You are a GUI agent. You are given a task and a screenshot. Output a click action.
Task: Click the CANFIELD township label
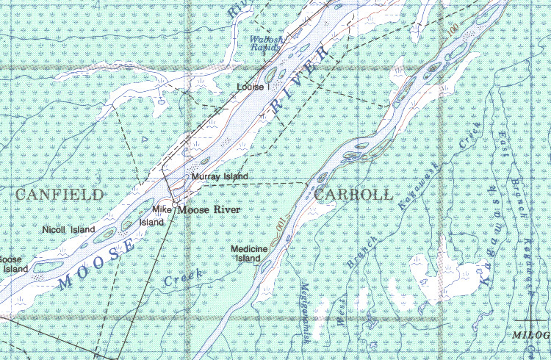[x=59, y=195]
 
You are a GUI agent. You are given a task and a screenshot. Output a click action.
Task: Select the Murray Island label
[x=220, y=177]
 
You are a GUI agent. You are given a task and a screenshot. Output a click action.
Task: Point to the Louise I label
[x=254, y=87]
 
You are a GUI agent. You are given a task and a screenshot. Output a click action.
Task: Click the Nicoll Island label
[x=69, y=230]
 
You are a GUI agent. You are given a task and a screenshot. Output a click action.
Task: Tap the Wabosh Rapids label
[x=265, y=43]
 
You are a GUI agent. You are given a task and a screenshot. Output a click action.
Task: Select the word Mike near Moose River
[x=162, y=211]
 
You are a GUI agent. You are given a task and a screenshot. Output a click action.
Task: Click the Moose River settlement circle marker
[x=175, y=203]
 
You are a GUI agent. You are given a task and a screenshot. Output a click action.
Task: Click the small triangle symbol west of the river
[x=145, y=138]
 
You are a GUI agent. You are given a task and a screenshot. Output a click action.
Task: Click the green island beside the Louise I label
[x=270, y=74]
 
